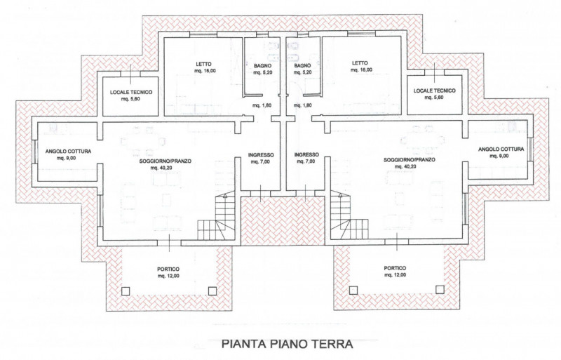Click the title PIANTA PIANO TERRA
(x=288, y=344)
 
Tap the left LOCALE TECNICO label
(x=131, y=92)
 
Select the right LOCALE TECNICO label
(x=435, y=91)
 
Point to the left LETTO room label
(x=203, y=64)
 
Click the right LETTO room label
(x=360, y=63)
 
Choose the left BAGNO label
(x=262, y=66)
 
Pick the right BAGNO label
(x=303, y=65)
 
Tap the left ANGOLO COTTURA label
(x=68, y=152)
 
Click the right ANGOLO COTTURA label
(x=501, y=149)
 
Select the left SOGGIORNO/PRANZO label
(x=165, y=161)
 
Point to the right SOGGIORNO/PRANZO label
(x=410, y=160)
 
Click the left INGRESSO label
(x=261, y=155)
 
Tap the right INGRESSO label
(x=306, y=155)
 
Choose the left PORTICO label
(x=168, y=269)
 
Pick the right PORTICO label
(x=396, y=268)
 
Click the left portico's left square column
(x=126, y=291)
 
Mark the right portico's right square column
(x=440, y=289)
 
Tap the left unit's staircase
(x=217, y=218)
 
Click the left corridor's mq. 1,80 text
(x=262, y=105)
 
